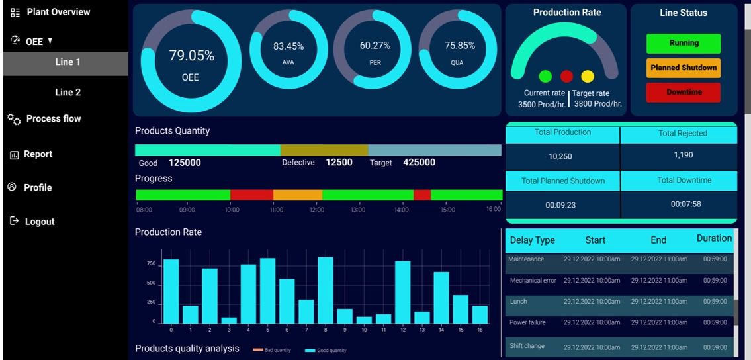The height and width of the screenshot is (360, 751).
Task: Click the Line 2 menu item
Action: pyautogui.click(x=67, y=92)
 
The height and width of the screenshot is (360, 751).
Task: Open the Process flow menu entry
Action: pyautogui.click(x=53, y=119)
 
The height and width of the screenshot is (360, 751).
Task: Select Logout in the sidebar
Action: pyautogui.click(x=39, y=222)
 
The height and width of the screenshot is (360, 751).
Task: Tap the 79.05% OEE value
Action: pyautogui.click(x=191, y=56)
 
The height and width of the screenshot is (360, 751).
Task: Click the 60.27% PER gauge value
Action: pyautogui.click(x=375, y=46)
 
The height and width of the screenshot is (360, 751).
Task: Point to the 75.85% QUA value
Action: pyautogui.click(x=460, y=46)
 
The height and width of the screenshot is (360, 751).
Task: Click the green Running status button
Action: pyautogui.click(x=684, y=43)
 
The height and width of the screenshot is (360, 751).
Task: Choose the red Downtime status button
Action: pyautogui.click(x=684, y=92)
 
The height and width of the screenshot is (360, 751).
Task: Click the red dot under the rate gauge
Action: pyautogui.click(x=566, y=76)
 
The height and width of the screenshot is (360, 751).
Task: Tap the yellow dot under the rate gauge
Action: pyautogui.click(x=588, y=76)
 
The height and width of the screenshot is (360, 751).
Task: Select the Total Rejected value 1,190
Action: pyautogui.click(x=683, y=155)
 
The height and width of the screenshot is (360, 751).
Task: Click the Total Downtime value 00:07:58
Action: pyautogui.click(x=685, y=204)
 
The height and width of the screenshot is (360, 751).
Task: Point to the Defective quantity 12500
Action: pyautogui.click(x=339, y=162)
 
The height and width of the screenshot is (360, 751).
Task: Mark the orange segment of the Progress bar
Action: pyautogui.click(x=297, y=195)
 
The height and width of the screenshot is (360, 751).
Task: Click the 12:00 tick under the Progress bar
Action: pyautogui.click(x=317, y=210)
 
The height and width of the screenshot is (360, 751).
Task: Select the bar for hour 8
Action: pyautogui.click(x=326, y=289)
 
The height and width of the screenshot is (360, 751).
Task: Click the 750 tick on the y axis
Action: pyautogui.click(x=151, y=263)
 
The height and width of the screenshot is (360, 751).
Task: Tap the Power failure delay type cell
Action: pyautogui.click(x=528, y=322)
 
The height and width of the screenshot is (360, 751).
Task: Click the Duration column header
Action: pyautogui.click(x=714, y=238)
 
